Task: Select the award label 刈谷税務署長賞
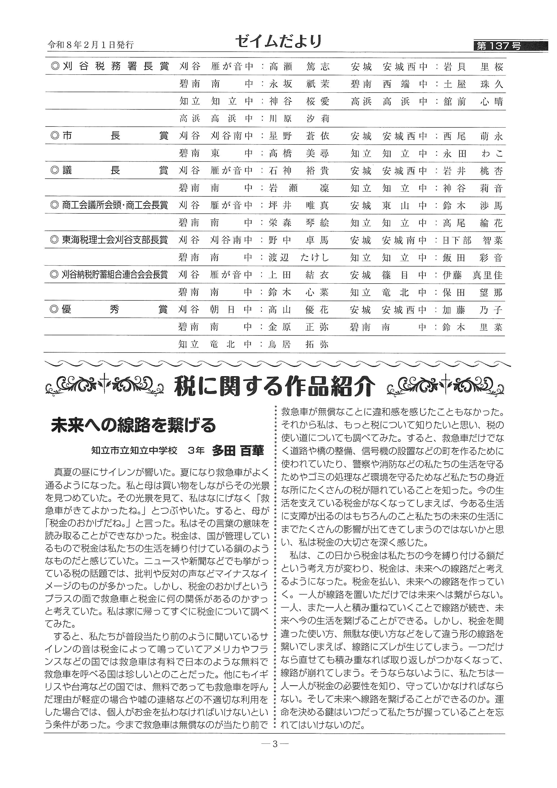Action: click(x=110, y=66)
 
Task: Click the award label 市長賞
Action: click(x=110, y=136)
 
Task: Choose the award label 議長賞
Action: click(x=110, y=171)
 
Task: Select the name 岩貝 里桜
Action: click(x=473, y=67)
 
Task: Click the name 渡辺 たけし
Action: click(x=298, y=258)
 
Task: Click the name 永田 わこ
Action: click(x=473, y=154)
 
